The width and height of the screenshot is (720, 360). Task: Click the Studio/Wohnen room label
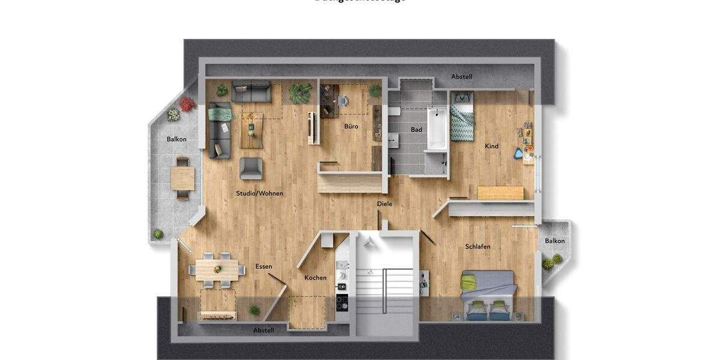259,194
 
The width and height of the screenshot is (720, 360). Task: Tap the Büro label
351,127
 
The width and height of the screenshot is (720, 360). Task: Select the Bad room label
416,130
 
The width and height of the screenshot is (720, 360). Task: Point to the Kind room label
492,146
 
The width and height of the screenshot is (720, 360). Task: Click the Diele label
385,204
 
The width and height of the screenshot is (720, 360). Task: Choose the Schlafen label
478,247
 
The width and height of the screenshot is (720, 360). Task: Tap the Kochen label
316,277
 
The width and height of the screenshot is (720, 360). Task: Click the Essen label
263,266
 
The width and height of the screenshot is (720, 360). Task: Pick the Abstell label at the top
462,77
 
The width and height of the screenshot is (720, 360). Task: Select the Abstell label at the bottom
263,331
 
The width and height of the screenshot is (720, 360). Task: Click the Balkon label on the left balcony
176,139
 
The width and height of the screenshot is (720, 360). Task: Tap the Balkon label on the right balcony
555,241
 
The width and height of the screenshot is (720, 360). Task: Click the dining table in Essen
217,269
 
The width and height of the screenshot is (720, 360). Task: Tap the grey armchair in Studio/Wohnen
251,168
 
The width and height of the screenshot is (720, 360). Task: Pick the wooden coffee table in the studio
251,130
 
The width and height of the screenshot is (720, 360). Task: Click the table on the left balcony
182,178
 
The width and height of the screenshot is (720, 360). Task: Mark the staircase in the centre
385,288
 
